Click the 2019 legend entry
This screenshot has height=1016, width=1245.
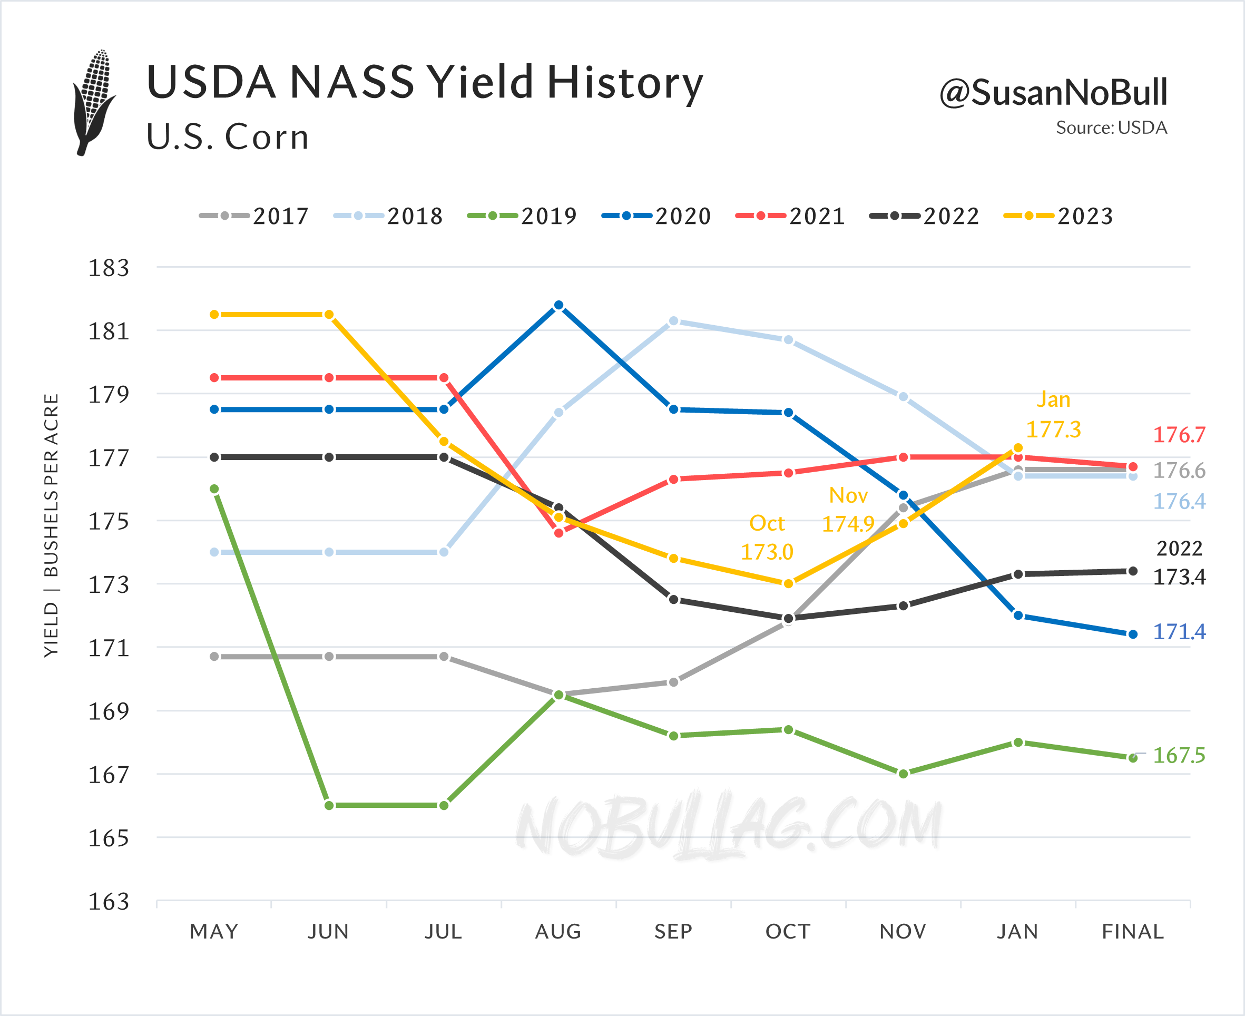click(x=522, y=216)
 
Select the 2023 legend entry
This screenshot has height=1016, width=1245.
click(x=1058, y=216)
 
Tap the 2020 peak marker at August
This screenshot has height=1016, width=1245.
click(x=558, y=306)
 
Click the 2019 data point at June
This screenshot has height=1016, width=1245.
click(x=329, y=805)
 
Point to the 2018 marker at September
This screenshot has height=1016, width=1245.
click(x=673, y=321)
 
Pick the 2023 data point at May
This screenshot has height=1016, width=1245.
click(x=215, y=315)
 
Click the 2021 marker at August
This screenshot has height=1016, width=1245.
click(x=558, y=533)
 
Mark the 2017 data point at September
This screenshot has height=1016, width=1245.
click(x=673, y=682)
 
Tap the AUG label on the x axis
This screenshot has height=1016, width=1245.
click(x=558, y=931)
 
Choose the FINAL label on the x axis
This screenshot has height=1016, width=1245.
click(x=1133, y=931)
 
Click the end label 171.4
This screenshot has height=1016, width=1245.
click(x=1179, y=631)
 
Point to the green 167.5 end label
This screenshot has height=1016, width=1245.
click(x=1179, y=755)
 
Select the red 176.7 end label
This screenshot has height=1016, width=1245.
click(x=1179, y=435)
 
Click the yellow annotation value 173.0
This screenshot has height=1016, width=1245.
click(x=767, y=552)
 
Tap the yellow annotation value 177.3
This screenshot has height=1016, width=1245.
click(x=1054, y=429)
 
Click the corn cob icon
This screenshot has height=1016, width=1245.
click(x=94, y=102)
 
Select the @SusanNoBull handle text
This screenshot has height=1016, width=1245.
click(x=1053, y=92)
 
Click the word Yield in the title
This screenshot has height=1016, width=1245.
click(x=480, y=82)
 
